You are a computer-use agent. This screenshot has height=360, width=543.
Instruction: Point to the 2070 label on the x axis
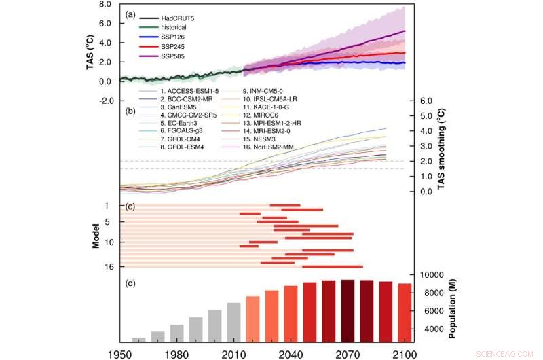[348, 353]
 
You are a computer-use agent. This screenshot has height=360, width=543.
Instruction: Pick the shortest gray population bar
[138, 340]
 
